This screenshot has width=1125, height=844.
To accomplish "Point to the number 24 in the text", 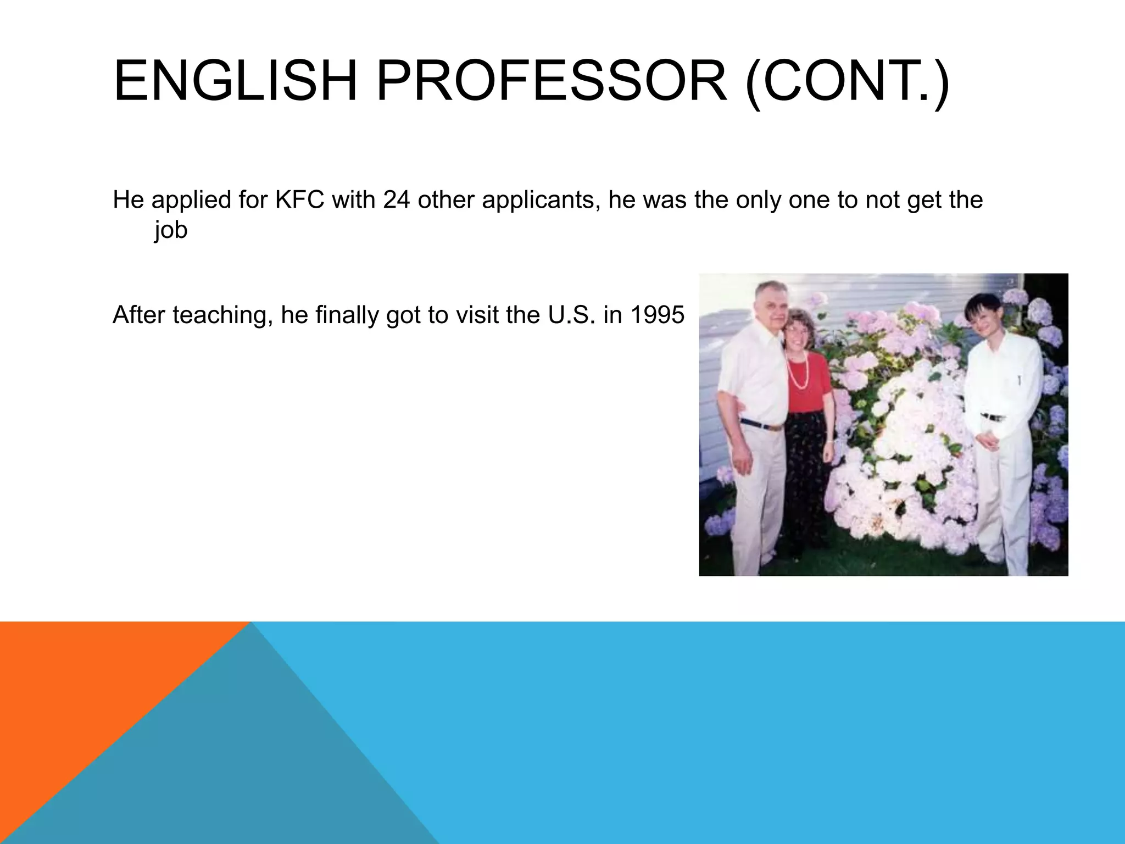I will point(397,200).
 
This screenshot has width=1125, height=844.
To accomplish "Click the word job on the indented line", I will point(171,230).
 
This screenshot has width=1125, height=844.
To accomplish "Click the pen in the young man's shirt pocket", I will point(1019,380).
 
